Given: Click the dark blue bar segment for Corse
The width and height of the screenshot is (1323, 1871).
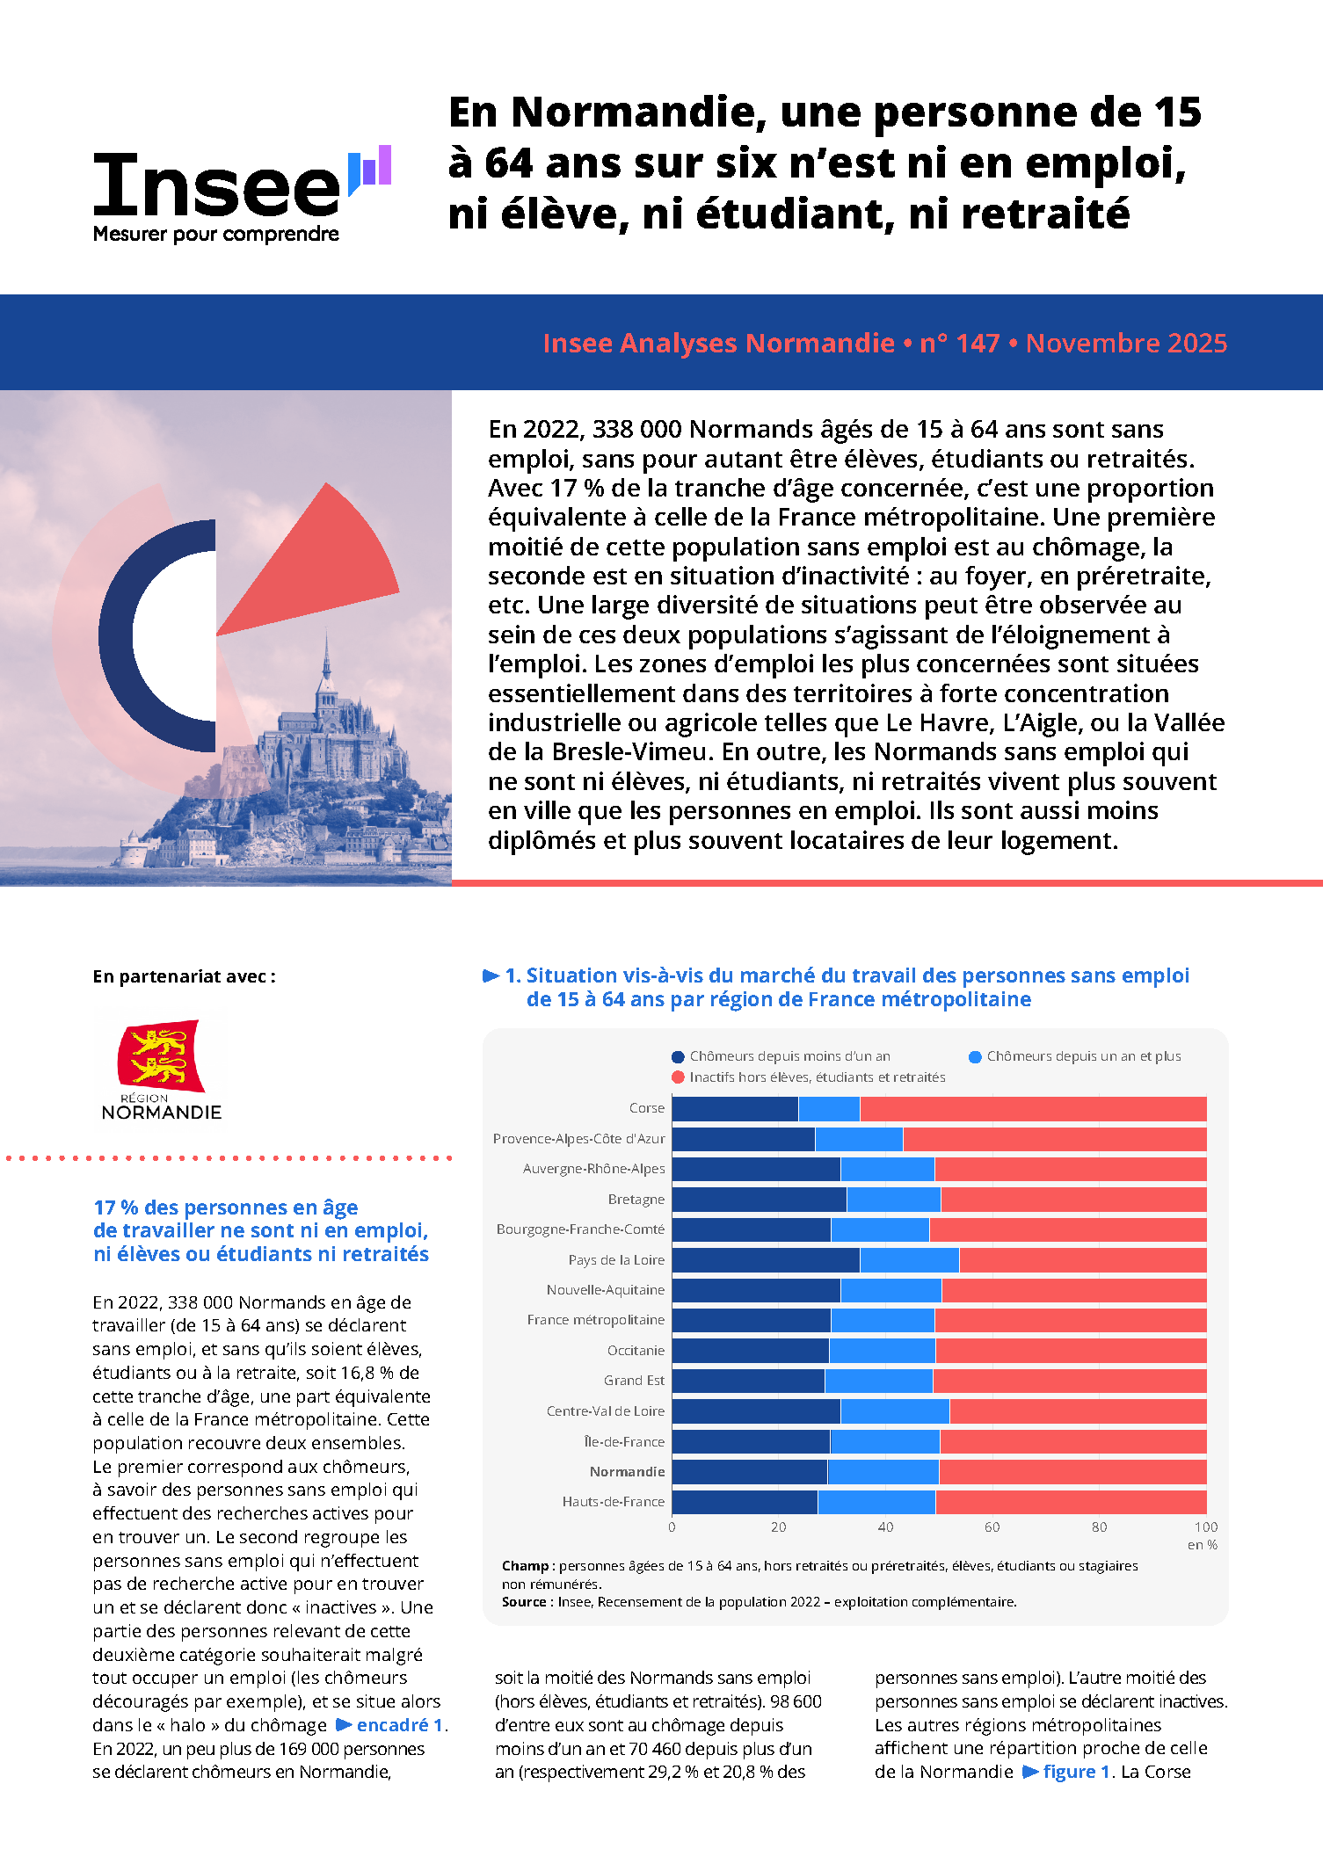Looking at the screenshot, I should tap(735, 1109).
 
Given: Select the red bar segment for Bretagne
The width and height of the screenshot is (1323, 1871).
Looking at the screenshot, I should tap(1072, 1200).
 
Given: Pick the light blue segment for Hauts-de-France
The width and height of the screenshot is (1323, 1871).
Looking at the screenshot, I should tap(876, 1502).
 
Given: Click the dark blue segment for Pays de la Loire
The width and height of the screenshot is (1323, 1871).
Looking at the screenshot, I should tap(766, 1260).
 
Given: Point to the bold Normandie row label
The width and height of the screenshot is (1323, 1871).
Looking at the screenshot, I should tap(627, 1472).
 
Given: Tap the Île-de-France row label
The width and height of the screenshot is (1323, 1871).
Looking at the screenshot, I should tap(624, 1442).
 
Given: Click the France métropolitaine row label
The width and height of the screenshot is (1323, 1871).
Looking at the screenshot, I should tap(595, 1320).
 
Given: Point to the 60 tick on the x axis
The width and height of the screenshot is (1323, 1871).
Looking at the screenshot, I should tap(992, 1527).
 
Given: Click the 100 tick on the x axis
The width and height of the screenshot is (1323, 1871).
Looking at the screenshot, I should tap(1205, 1527).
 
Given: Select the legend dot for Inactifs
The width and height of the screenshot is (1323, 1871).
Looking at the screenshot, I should tap(678, 1077).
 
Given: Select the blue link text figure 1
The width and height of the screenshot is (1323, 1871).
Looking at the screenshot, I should tap(1067, 1772).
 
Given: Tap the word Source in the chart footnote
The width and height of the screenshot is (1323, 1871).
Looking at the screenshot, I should tap(524, 1602).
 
